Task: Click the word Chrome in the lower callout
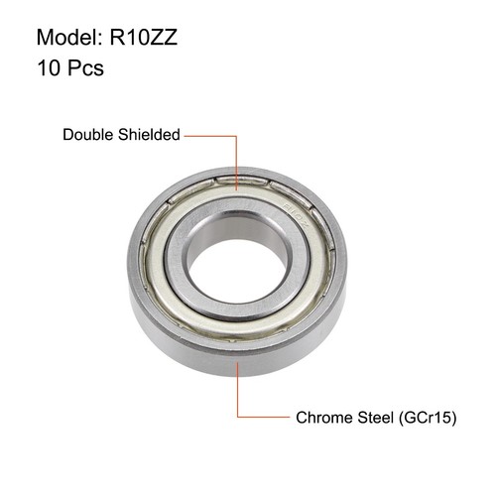(x=322, y=418)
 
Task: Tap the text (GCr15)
(x=429, y=418)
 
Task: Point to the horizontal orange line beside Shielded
(x=211, y=134)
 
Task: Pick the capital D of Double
(x=68, y=134)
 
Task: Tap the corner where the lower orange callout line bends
(x=237, y=418)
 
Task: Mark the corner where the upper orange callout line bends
(x=237, y=134)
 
